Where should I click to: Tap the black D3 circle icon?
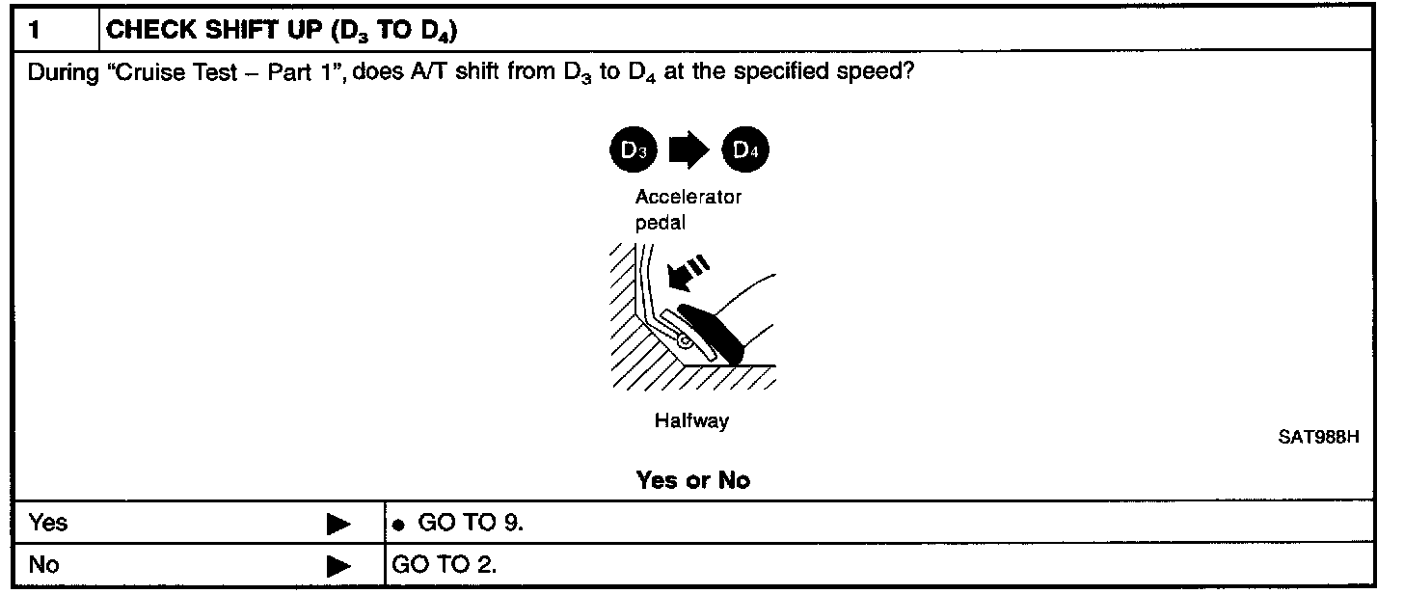(x=634, y=150)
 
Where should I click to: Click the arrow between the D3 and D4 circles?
(x=689, y=150)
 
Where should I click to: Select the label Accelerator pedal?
(x=688, y=210)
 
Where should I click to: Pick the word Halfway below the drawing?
(x=691, y=421)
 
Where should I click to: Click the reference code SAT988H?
(x=1318, y=437)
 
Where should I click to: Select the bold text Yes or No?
(x=692, y=479)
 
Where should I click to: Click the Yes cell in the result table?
(x=48, y=523)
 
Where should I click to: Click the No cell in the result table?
(x=43, y=565)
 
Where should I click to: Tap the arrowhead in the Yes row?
(x=337, y=524)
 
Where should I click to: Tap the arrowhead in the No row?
(x=337, y=566)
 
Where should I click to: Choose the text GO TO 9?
(x=470, y=523)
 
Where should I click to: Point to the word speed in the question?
(x=870, y=74)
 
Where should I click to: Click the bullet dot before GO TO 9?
(x=397, y=525)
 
